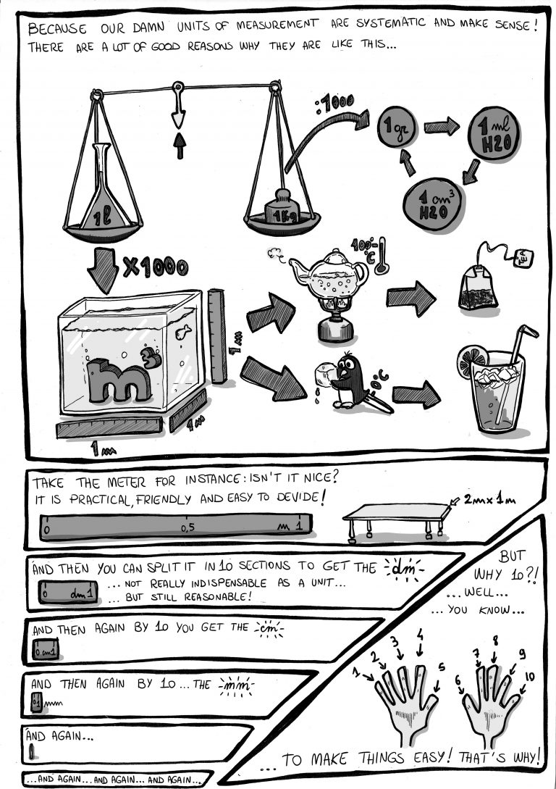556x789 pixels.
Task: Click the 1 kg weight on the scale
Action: (282, 211)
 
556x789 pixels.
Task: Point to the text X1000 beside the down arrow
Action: (155, 268)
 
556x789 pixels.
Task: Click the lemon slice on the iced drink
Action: (471, 360)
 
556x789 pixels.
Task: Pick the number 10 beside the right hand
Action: (529, 677)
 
